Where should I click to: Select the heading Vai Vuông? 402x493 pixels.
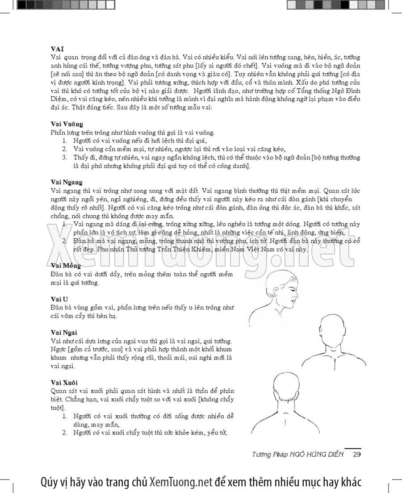(x=67, y=124)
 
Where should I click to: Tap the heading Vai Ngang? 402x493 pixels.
(x=67, y=182)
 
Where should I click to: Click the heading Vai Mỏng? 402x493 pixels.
(x=66, y=266)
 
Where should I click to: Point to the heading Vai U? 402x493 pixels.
(x=59, y=299)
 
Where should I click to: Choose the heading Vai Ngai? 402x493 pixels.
(x=64, y=333)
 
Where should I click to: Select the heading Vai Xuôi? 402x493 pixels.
(x=64, y=382)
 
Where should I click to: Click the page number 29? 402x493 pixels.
(x=357, y=455)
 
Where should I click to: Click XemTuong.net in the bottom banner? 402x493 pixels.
(x=180, y=482)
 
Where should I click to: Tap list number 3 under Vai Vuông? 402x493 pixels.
(x=64, y=157)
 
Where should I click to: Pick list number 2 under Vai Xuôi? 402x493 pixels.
(x=64, y=432)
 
